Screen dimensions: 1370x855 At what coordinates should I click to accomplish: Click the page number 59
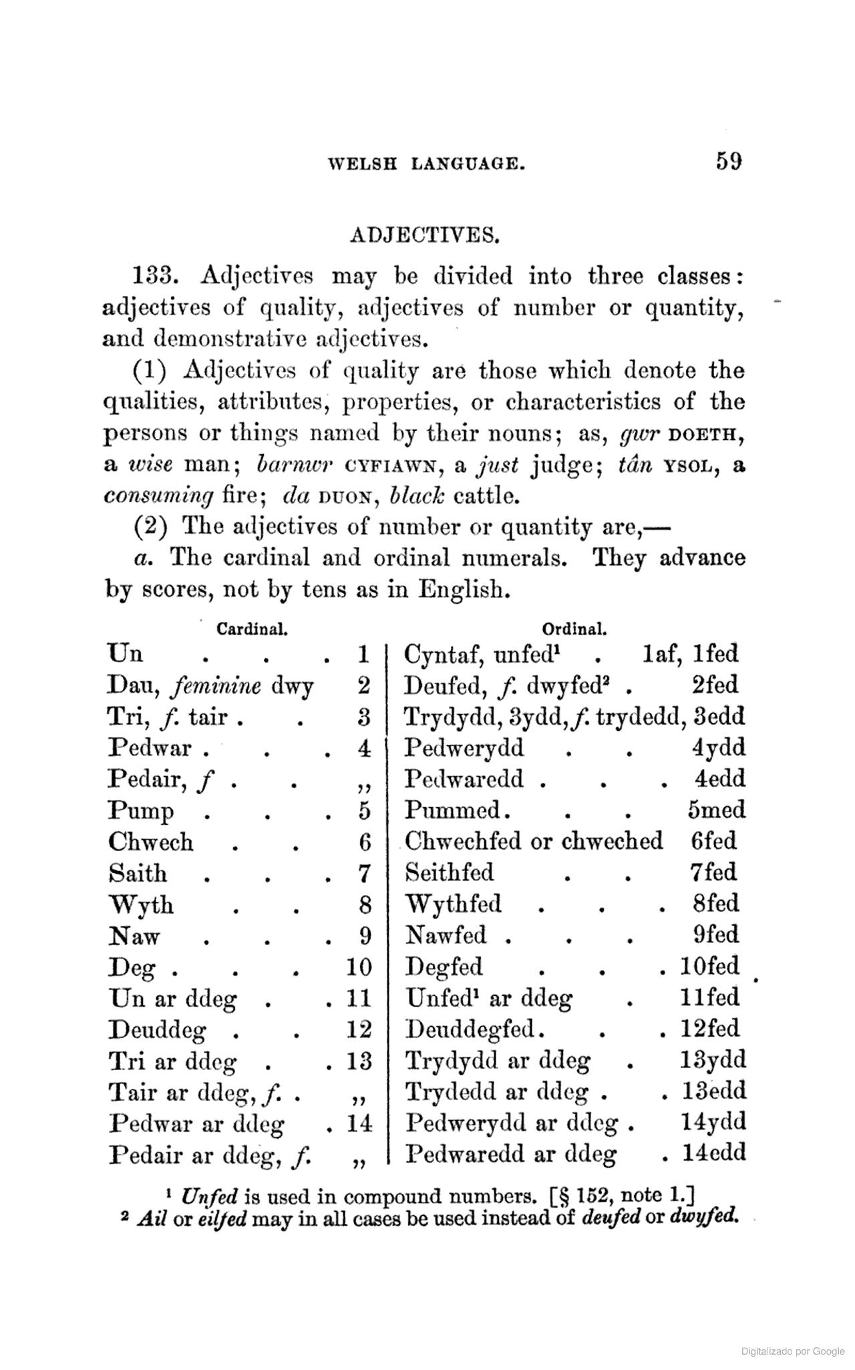pos(729,162)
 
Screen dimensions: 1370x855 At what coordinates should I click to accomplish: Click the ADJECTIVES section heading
pos(425,235)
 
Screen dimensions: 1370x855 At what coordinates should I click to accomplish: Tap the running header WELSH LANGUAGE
pos(426,164)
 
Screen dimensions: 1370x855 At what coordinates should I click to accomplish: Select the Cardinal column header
pos(252,629)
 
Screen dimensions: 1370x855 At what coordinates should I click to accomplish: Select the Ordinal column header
pos(574,629)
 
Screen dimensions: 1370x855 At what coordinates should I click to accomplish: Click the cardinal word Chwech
pos(151,842)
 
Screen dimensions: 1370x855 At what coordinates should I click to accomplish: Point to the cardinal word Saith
pos(138,873)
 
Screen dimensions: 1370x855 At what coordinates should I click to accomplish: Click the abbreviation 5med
pos(716,810)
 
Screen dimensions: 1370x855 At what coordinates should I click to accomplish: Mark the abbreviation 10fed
pos(709,967)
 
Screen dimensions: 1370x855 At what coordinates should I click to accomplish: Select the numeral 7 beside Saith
pos(364,873)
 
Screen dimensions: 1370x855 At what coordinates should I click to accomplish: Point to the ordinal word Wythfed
pos(454,904)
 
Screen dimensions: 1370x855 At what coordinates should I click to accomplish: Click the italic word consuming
pos(159,496)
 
